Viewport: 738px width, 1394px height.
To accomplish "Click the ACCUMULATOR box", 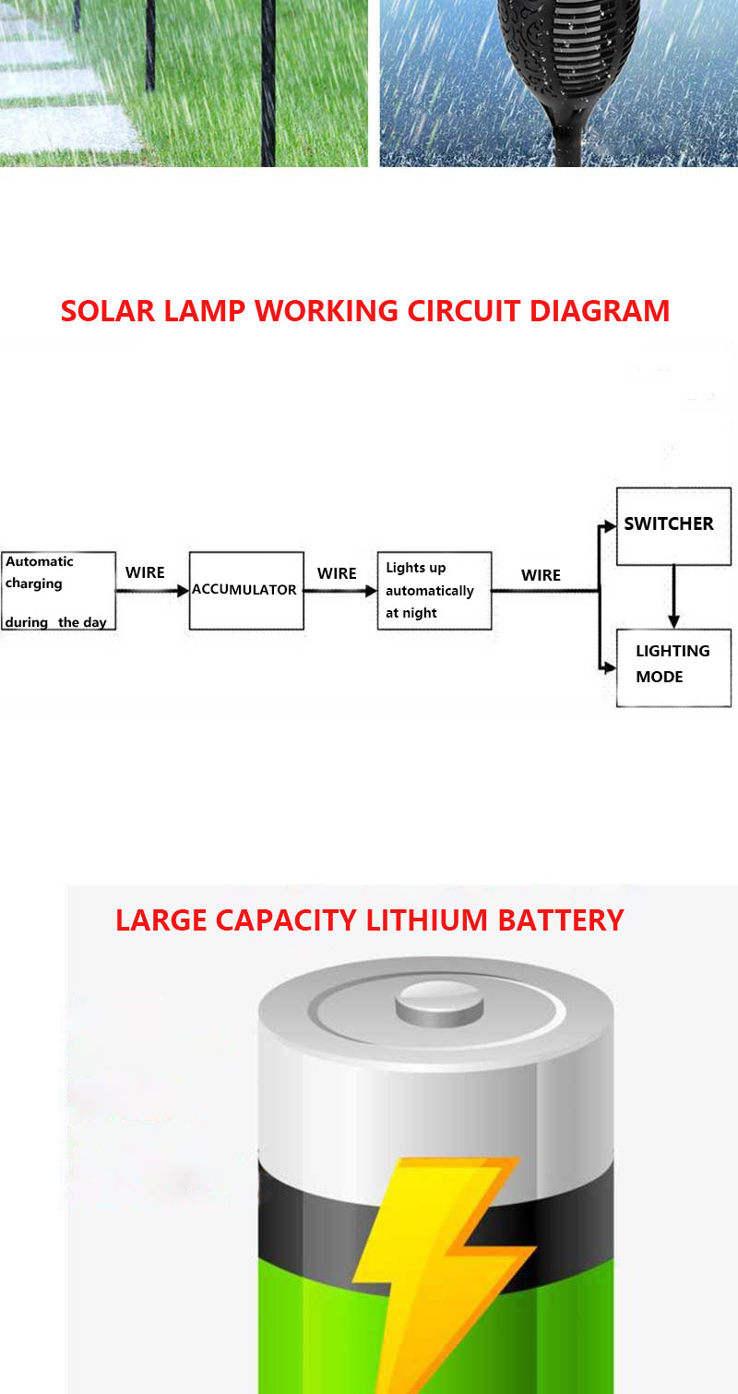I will coord(246,591).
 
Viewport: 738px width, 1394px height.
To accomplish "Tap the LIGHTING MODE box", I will coord(673,667).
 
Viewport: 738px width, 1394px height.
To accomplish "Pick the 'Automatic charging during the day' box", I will coord(57,591).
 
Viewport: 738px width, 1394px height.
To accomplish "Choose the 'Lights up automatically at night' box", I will coord(434,591).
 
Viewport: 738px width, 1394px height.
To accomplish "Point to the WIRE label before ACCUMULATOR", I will coord(145,572).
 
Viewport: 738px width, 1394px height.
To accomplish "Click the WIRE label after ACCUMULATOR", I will coord(337,573).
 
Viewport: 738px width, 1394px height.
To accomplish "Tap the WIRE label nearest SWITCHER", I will coord(541,575).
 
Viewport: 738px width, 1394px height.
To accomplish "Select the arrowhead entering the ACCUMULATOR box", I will coord(183,591).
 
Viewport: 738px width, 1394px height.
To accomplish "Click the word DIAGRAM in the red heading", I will coord(600,311).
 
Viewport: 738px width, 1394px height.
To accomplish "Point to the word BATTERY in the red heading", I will coord(561,920).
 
